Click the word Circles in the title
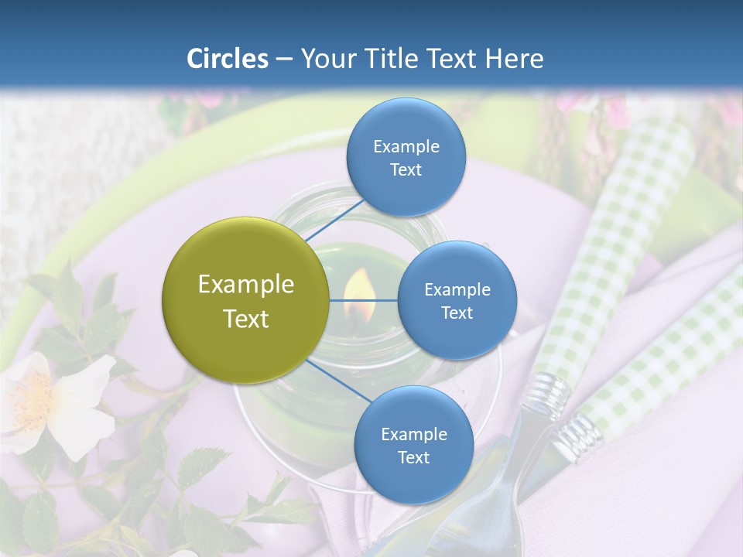tap(228, 59)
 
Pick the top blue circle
tap(406, 157)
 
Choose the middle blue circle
tap(457, 300)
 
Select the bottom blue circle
tap(413, 445)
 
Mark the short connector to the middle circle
tap(364, 300)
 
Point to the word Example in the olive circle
tap(246, 285)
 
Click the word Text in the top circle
tap(406, 170)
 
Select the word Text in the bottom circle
tap(413, 458)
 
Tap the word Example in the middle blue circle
tap(457, 290)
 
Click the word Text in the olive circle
tap(246, 319)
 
